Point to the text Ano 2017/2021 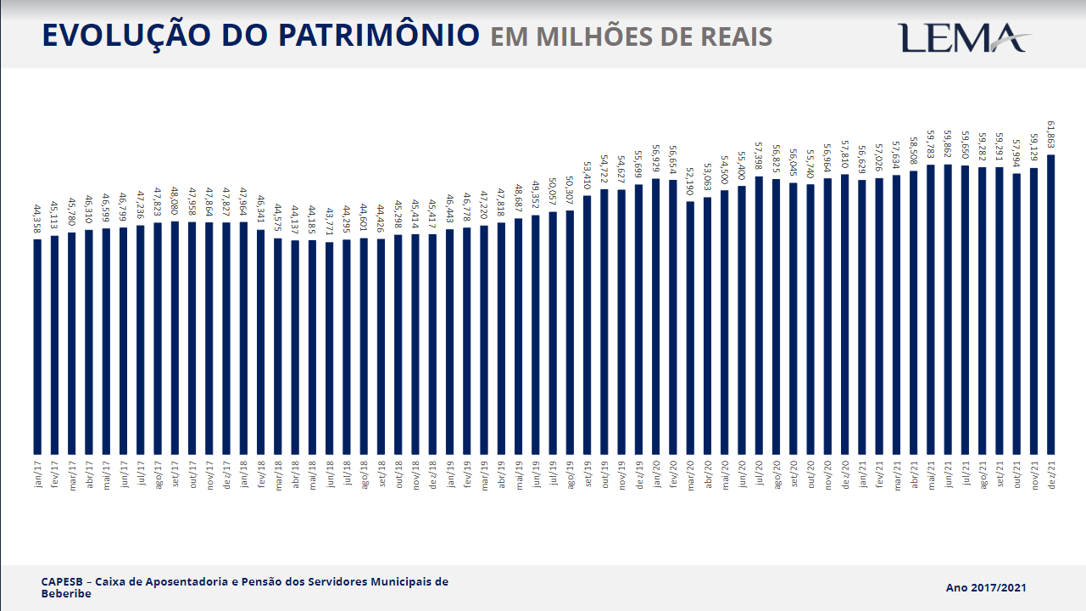[987, 587]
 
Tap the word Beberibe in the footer [65, 594]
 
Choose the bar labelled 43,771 [330, 348]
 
